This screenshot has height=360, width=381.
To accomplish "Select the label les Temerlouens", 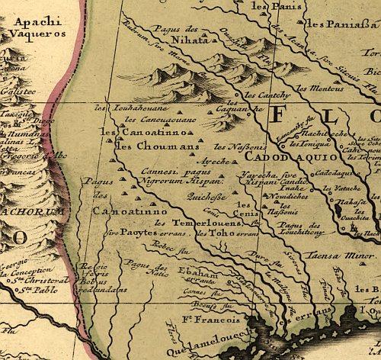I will pyautogui.click(x=185, y=222).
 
